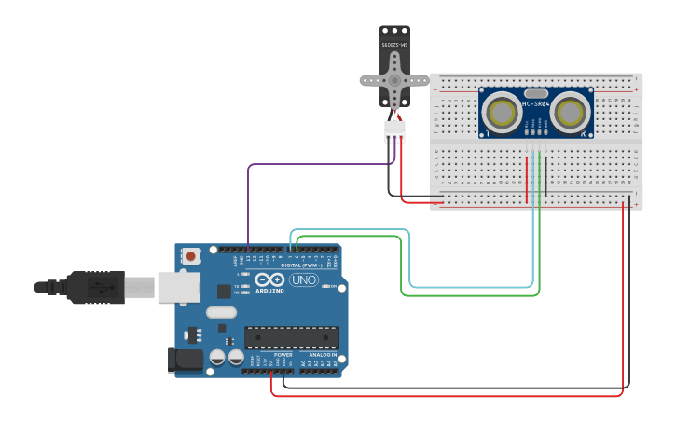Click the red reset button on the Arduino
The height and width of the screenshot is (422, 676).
[x=190, y=255]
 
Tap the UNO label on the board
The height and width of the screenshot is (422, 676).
[x=303, y=279]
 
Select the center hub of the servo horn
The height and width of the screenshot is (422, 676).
[x=395, y=80]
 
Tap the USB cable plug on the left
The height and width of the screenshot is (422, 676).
[x=93, y=287]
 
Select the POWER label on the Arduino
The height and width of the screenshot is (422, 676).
[x=283, y=355]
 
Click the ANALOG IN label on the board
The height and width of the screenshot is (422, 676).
[x=322, y=355]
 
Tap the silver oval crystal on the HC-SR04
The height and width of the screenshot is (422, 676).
[x=536, y=93]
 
